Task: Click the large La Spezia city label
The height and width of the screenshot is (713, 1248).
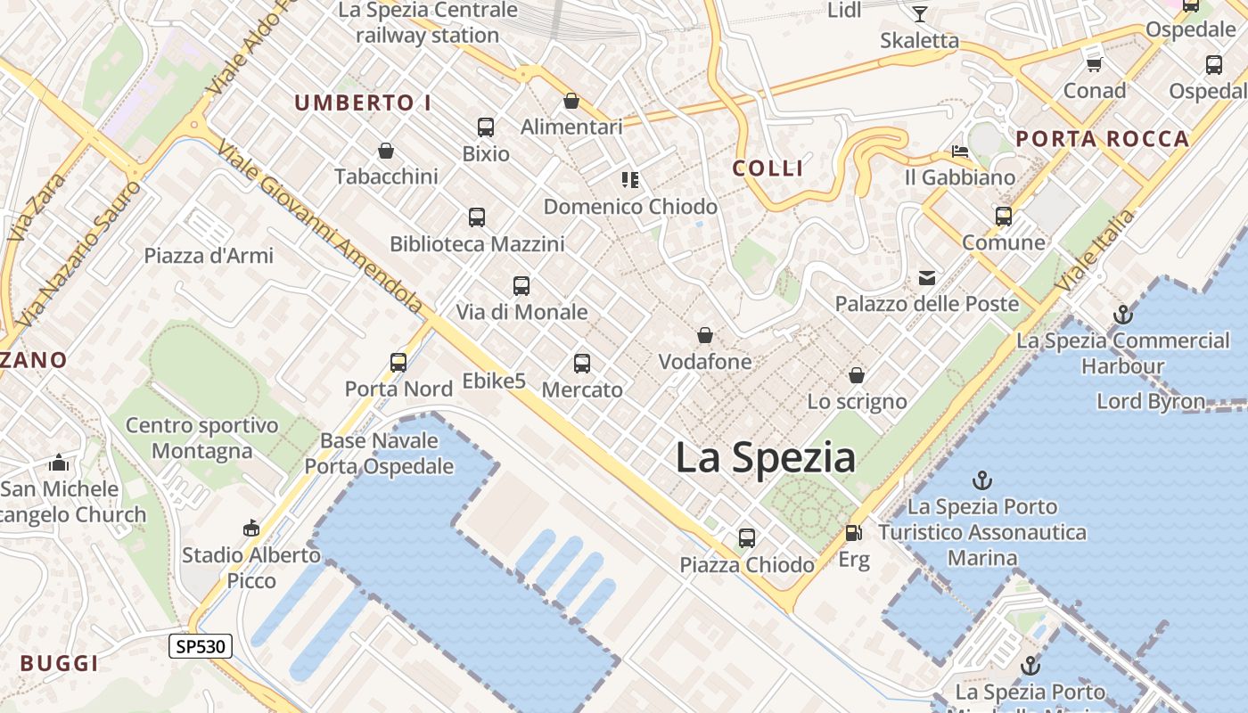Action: coord(765,457)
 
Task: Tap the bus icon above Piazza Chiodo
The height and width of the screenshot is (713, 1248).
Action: coord(747,538)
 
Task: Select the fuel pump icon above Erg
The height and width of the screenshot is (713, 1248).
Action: coord(853,533)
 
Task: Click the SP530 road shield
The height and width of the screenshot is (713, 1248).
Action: coord(201,646)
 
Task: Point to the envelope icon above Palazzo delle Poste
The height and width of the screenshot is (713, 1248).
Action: coord(927,278)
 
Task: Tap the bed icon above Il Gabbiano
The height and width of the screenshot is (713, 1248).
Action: coord(960,152)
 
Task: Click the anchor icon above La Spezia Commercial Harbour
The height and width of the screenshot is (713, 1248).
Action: coord(1122,315)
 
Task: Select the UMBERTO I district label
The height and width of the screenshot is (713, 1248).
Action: coord(363,103)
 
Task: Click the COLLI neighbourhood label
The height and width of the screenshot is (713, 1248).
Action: coord(768,168)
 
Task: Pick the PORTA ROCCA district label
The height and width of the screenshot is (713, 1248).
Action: coord(1103,139)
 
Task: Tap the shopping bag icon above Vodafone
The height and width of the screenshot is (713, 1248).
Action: coord(705,336)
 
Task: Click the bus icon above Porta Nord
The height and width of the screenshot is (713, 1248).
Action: coord(398,363)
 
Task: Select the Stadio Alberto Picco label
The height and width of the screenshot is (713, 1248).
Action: coord(251,567)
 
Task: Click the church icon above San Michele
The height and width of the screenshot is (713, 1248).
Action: coord(59,463)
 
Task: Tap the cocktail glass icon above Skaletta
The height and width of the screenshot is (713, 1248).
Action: coord(919,14)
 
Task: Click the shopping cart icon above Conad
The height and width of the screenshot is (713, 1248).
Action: coord(1094,64)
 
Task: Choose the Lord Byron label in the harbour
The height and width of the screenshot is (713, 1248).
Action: coord(1151,401)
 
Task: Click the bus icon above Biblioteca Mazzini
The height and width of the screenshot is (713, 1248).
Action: coord(477,217)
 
